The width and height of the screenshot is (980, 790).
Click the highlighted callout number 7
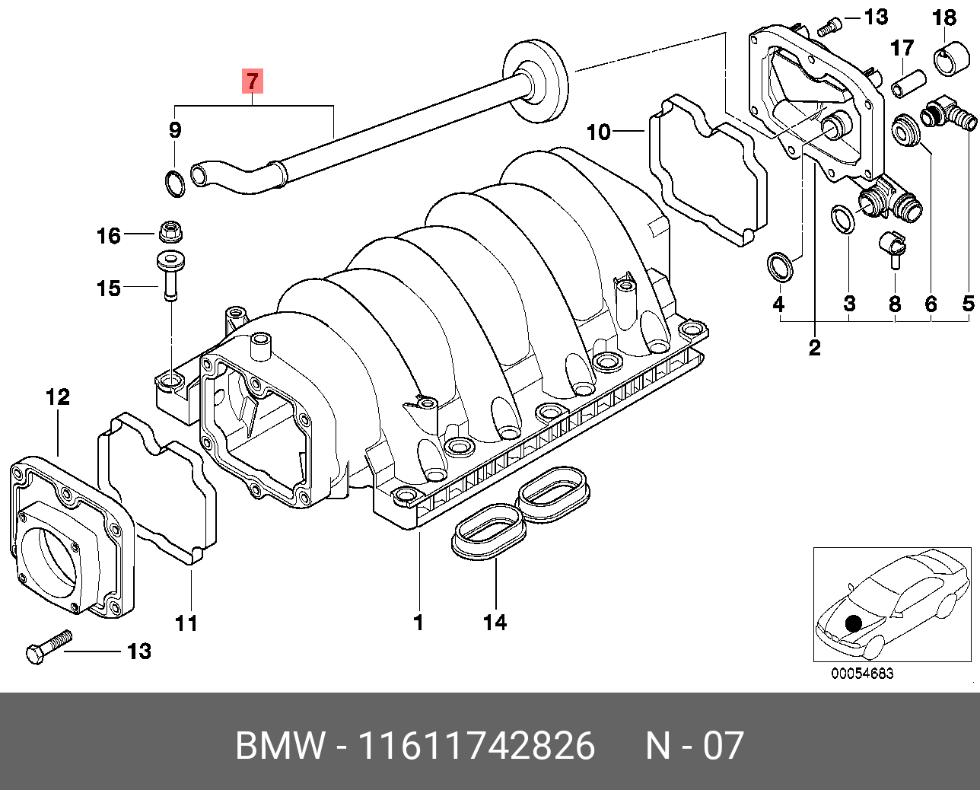coord(253,80)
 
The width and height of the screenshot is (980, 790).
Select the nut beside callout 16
coord(169,229)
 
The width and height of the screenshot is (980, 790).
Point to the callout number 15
coord(108,288)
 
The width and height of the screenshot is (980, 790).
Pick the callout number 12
coord(57,397)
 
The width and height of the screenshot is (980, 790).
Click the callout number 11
coord(186,623)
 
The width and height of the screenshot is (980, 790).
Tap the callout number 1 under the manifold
coord(418,623)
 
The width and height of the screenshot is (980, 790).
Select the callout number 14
coord(495,623)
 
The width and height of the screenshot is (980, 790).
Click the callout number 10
coord(599,132)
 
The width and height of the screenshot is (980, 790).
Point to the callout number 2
coord(815,348)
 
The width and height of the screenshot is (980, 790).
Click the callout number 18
coord(944,17)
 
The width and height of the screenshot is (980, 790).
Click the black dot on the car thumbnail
coord(854,623)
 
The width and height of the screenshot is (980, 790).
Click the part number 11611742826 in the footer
coord(476,746)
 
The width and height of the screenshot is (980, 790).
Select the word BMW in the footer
coord(279,746)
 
